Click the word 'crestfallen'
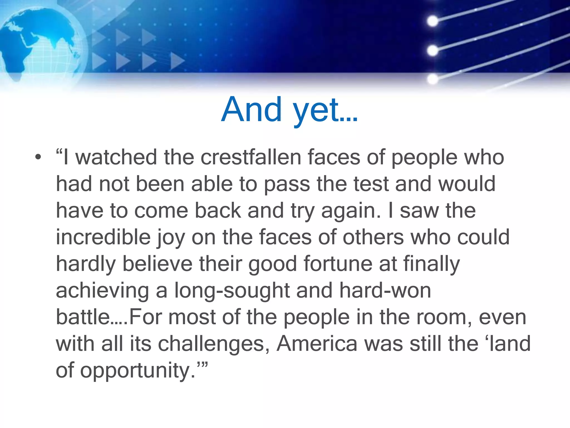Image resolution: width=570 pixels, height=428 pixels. [251, 157]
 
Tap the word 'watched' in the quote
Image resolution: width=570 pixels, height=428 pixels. [116, 157]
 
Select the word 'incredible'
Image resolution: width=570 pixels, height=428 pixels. [103, 237]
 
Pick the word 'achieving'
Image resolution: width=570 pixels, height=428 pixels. [102, 291]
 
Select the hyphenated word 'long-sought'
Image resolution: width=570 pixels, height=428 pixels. [232, 291]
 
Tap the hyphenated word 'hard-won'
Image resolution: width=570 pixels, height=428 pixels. [385, 290]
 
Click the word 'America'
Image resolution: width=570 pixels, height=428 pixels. [317, 344]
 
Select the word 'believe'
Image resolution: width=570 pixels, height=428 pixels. [158, 264]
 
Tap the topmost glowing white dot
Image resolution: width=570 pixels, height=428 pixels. [433, 21]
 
